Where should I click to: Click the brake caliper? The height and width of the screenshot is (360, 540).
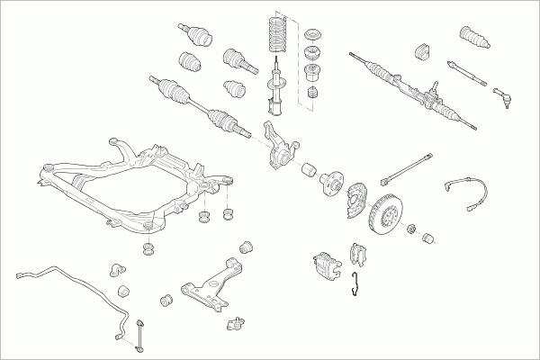coord(325,262)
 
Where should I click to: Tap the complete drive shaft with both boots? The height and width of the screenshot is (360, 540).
coord(202,106)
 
